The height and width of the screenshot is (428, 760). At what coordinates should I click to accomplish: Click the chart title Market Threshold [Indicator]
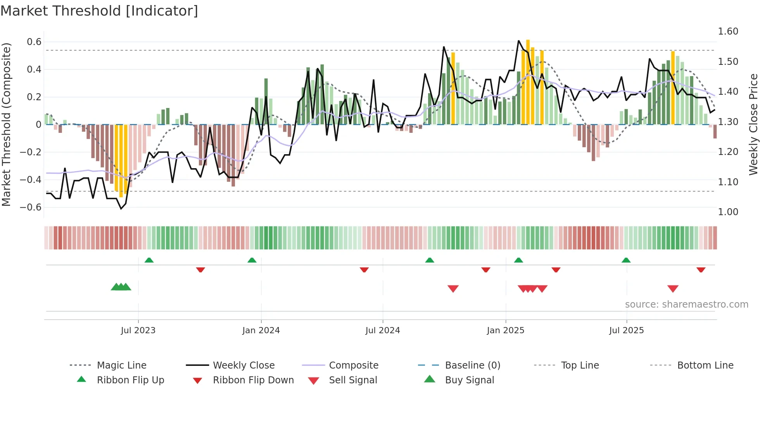coord(99,11)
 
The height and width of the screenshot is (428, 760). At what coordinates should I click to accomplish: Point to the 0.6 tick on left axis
coord(34,42)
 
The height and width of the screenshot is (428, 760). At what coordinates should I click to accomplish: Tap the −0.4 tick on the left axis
coord(31,180)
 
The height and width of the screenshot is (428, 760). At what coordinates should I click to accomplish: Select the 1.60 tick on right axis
coord(728,31)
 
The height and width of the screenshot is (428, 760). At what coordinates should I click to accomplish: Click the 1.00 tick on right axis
coord(728,212)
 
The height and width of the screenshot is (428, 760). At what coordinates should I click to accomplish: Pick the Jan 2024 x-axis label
coord(261,331)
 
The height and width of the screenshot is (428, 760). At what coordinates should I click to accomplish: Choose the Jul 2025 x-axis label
coord(626,331)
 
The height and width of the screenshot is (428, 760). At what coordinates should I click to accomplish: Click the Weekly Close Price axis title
coord(753,124)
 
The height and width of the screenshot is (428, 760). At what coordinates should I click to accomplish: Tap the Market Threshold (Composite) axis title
coord(6,124)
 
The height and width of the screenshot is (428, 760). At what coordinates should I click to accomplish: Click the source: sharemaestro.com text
coord(686,304)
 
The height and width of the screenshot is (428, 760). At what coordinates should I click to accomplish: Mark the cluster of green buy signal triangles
coord(121,287)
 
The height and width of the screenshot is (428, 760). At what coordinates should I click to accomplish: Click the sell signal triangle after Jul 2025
coord(673,289)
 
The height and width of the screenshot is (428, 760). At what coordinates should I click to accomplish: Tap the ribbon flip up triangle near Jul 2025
coord(626,260)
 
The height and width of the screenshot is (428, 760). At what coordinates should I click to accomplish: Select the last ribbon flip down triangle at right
coord(701,270)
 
